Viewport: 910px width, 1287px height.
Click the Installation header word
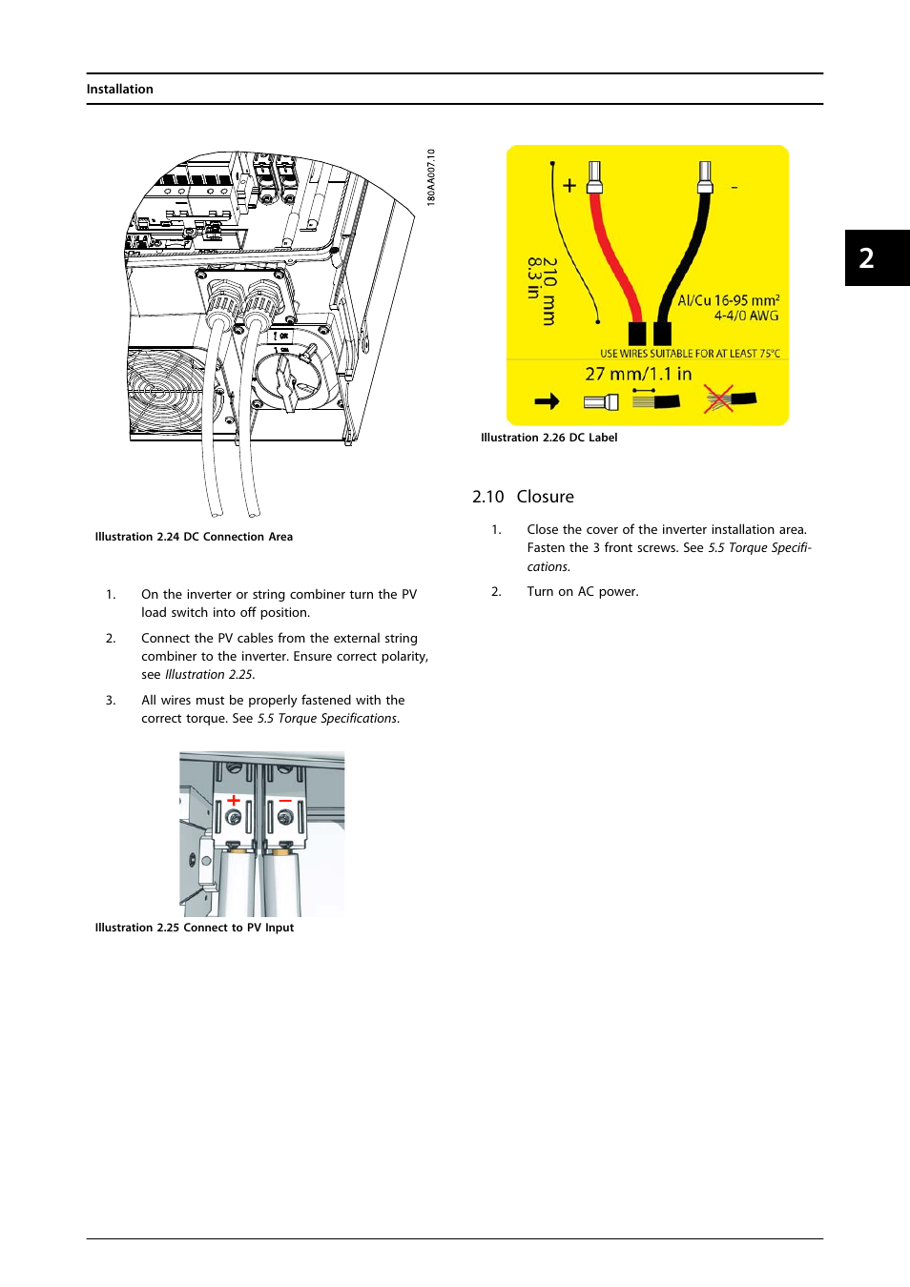click(119, 90)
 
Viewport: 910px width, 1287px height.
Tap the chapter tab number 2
click(866, 258)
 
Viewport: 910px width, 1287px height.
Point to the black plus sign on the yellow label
click(569, 186)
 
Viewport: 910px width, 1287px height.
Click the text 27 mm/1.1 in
click(638, 374)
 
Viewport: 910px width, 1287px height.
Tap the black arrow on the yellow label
click(547, 401)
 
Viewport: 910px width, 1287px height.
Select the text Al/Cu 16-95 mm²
click(728, 300)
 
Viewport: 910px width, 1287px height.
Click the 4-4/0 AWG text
click(746, 316)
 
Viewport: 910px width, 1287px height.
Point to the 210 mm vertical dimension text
click(549, 291)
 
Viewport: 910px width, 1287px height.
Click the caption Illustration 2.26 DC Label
click(548, 438)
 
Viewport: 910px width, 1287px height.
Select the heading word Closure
click(545, 497)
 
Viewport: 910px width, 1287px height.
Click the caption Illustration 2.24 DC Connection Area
click(194, 537)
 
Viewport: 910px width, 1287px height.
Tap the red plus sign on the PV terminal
click(234, 800)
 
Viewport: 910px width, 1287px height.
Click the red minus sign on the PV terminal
click(285, 800)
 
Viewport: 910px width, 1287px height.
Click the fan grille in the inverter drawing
click(164, 391)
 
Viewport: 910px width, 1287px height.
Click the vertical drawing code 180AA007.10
click(431, 177)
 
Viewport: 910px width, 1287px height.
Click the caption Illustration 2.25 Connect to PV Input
click(194, 928)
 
